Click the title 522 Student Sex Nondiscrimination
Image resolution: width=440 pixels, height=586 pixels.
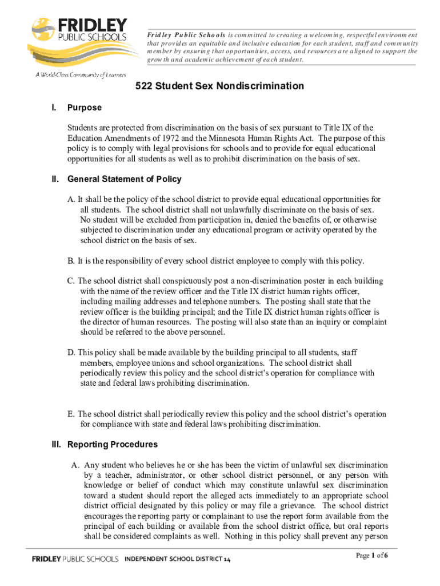(x=219, y=86)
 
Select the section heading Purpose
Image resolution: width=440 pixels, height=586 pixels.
(x=85, y=108)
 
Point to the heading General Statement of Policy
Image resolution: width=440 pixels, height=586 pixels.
(x=125, y=179)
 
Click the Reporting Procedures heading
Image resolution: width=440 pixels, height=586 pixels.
(x=113, y=445)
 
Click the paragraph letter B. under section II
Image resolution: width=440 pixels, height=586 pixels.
(x=71, y=262)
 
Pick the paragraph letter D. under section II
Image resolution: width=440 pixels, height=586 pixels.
(x=71, y=353)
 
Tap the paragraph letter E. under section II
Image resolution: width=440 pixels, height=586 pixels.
(x=71, y=414)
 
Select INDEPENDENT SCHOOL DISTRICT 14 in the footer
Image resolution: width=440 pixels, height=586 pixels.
(x=178, y=559)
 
